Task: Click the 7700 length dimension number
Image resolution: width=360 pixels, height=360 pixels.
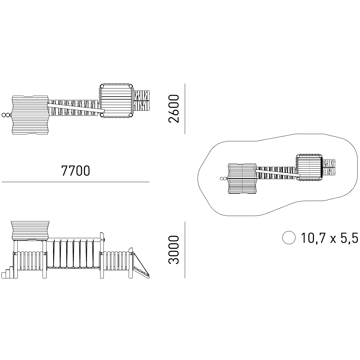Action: (x=76, y=171)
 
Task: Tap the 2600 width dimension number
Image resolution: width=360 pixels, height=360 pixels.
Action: (x=174, y=109)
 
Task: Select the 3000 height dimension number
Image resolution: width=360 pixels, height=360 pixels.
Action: (x=174, y=250)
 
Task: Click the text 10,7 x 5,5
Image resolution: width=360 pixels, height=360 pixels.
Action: (x=330, y=238)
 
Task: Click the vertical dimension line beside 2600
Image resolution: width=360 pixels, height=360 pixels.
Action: (x=185, y=109)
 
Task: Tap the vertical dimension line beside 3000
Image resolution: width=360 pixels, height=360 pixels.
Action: (x=185, y=250)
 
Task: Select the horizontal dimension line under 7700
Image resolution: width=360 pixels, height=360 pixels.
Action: (x=76, y=182)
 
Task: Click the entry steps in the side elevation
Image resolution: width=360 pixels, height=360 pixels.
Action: (x=7, y=272)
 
